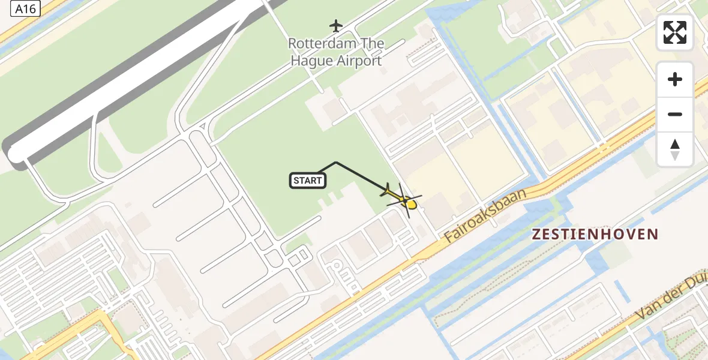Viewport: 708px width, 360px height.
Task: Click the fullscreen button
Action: [675, 32]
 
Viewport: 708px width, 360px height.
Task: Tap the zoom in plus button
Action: [675, 79]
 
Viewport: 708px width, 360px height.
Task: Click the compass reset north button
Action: [675, 149]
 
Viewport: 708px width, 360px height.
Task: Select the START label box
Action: [308, 180]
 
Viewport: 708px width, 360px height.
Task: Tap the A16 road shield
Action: [26, 9]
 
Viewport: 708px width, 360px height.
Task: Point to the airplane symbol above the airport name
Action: [336, 26]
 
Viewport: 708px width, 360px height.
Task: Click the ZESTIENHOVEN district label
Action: [595, 235]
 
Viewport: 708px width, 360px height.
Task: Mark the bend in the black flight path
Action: [336, 163]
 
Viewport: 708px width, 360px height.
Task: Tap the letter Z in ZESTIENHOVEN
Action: [538, 235]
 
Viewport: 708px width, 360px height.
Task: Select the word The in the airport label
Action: [373, 44]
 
